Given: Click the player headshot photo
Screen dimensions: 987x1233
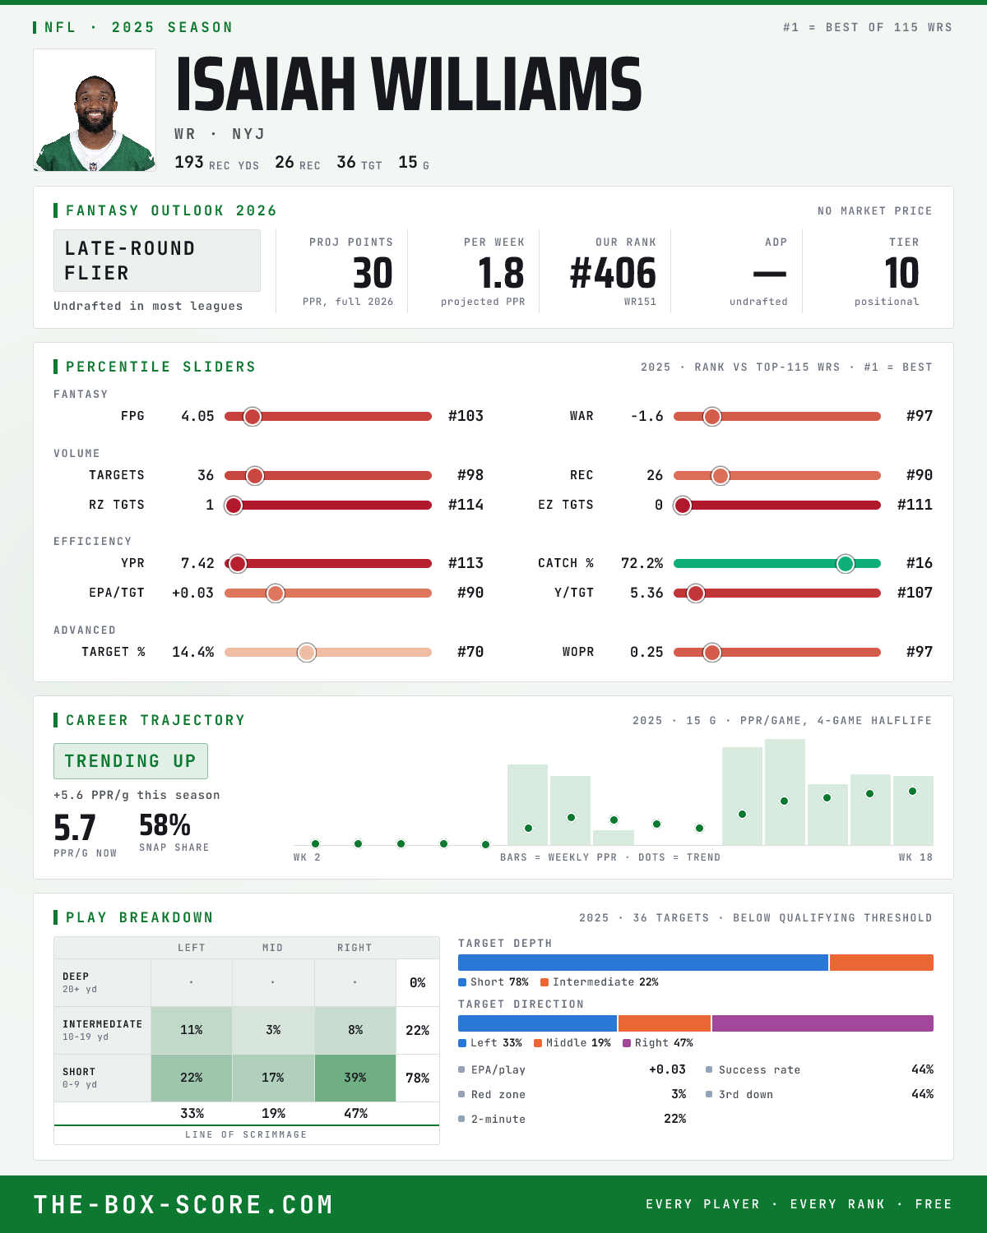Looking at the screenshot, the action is pos(95,110).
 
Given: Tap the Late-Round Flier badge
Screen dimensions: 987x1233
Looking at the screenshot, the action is pos(156,261).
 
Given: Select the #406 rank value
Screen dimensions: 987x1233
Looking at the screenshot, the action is pos(613,273).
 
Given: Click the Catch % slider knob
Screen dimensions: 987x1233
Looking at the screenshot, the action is pos(845,564).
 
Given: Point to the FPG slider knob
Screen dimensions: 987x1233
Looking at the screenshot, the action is pos(253,417).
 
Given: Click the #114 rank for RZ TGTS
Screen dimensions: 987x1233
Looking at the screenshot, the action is pos(466,505).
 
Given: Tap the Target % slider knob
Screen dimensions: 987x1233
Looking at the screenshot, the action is pos(307,652).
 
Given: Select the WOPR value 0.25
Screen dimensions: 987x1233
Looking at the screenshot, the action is pos(646,652).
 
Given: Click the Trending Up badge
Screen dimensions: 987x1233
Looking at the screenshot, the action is pos(131,761).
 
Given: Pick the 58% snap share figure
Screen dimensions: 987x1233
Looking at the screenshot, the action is pos(164,825).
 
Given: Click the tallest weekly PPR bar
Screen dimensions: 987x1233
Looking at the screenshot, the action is pos(785,792).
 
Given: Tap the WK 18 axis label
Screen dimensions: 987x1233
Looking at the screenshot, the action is pos(915,857).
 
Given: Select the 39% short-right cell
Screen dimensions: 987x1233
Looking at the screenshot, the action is pos(355,1078).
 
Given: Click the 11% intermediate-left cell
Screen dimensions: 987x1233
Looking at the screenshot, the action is pos(192,1030).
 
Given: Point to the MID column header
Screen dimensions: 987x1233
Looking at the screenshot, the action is pos(272,948).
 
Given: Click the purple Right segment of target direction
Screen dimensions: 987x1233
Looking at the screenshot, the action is pos(822,1023).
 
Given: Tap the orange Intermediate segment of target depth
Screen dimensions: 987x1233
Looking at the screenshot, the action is pos(882,962).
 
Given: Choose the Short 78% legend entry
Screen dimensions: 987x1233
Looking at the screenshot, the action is pos(493,982).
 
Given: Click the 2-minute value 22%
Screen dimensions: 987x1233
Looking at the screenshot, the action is pos(674,1119).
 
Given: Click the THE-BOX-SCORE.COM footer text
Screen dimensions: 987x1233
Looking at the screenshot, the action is pos(183,1203).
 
